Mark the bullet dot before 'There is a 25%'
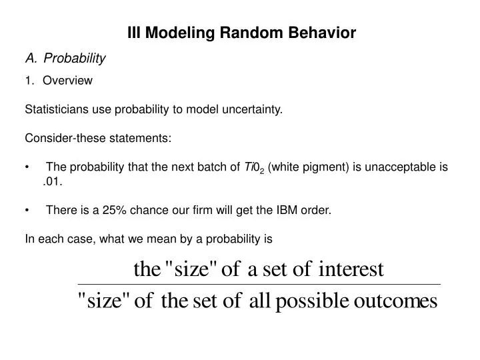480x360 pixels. (27, 211)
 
